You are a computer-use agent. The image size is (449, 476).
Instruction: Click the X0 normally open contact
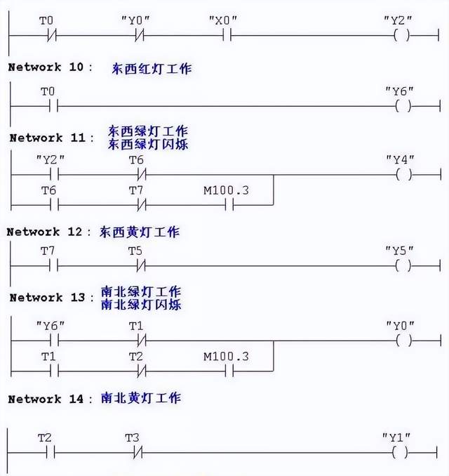(227, 35)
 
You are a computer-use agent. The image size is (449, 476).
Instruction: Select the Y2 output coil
(401, 35)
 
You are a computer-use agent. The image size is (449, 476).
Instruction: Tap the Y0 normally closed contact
(140, 36)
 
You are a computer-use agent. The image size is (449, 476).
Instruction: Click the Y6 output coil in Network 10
(403, 106)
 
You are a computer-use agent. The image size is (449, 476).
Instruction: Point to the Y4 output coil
(404, 175)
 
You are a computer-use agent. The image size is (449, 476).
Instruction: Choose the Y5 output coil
(403, 266)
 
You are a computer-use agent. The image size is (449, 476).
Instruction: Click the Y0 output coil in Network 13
(404, 341)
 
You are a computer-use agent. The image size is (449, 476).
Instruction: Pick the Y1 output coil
(400, 453)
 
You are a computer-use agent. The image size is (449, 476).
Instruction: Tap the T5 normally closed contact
(141, 266)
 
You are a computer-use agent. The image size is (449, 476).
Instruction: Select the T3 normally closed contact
(138, 453)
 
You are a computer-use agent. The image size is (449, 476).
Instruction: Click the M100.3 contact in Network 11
(229, 205)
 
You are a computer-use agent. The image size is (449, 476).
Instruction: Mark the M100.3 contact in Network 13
(229, 371)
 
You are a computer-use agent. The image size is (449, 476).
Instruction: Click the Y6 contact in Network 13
(54, 341)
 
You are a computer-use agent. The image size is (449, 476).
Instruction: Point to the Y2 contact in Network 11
(54, 175)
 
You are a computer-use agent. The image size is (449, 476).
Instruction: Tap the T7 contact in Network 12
(54, 266)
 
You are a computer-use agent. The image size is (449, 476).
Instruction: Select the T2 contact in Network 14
(51, 453)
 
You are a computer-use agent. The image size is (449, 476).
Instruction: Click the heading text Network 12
(44, 232)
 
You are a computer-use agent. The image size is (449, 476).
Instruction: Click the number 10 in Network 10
(76, 67)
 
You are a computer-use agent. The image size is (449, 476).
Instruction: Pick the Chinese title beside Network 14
(141, 398)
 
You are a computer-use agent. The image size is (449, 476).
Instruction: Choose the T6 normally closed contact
(142, 175)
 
